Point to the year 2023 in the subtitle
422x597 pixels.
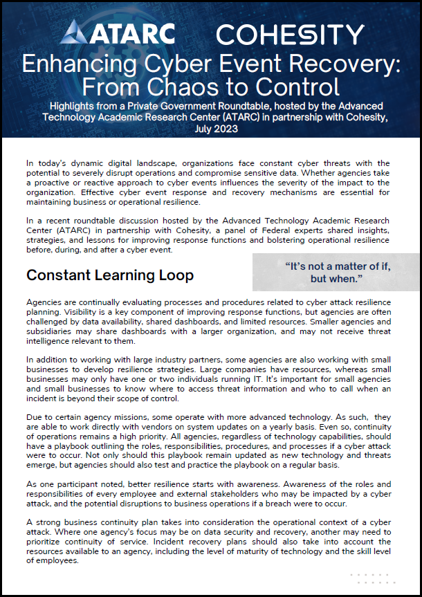(223, 129)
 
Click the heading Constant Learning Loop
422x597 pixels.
(110, 275)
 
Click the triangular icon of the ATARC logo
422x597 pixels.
(73, 32)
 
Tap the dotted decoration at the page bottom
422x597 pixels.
(372, 579)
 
